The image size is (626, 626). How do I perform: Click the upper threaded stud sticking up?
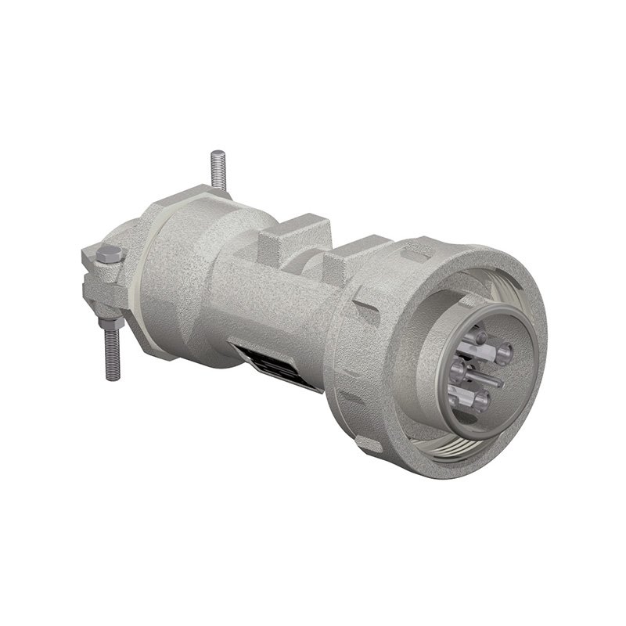tap(218, 170)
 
